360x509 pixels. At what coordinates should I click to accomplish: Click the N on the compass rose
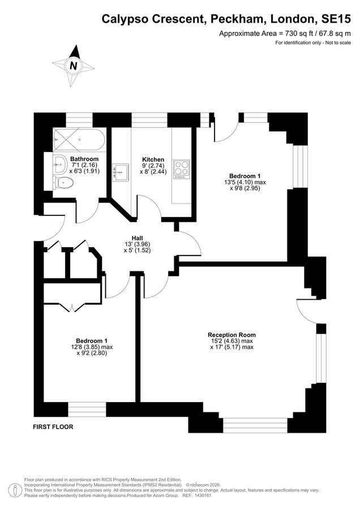[x=74, y=66]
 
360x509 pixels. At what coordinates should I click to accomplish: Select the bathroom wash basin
[x=59, y=164]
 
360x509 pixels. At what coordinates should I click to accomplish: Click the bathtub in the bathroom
[x=79, y=140]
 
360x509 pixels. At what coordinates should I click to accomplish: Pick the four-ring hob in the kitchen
[x=181, y=169]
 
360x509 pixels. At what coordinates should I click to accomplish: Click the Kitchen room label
[x=153, y=159]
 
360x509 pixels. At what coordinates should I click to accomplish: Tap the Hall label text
[x=137, y=238]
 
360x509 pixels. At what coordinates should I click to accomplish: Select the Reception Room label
[x=232, y=335]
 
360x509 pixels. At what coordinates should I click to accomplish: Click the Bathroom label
[x=84, y=159]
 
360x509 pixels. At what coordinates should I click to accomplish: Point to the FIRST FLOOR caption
[x=53, y=427]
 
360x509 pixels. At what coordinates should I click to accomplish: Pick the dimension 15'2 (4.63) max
[x=232, y=341]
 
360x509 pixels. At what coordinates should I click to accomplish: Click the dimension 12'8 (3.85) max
[x=92, y=347]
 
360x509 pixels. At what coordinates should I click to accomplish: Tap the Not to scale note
[x=338, y=42]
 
